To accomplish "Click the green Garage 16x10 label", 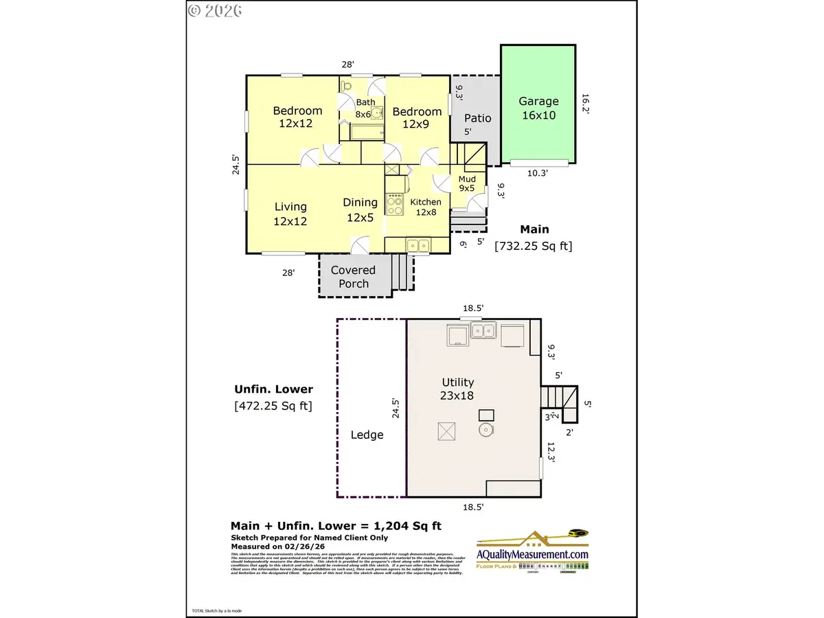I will tap(538, 108).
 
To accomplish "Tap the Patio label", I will tap(478, 118).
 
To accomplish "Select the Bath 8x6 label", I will tap(365, 108).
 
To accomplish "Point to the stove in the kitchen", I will tap(396, 205).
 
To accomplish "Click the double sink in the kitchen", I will tap(417, 244).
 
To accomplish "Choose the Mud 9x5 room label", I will tap(466, 183).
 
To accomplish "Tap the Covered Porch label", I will tap(353, 277).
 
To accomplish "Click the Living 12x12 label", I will tap(290, 214).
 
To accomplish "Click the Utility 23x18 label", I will tap(457, 388).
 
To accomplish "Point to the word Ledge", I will tap(367, 435).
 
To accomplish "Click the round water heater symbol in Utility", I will tap(486, 431).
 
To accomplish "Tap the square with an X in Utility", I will tap(446, 431).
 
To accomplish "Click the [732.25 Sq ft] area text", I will tap(533, 244).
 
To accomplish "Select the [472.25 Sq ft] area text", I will tap(273, 406).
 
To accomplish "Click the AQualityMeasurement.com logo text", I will tap(533, 554).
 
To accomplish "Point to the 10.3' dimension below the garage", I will tap(537, 174).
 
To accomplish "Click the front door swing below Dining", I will tap(359, 244).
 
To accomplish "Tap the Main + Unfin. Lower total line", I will tap(336, 526).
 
